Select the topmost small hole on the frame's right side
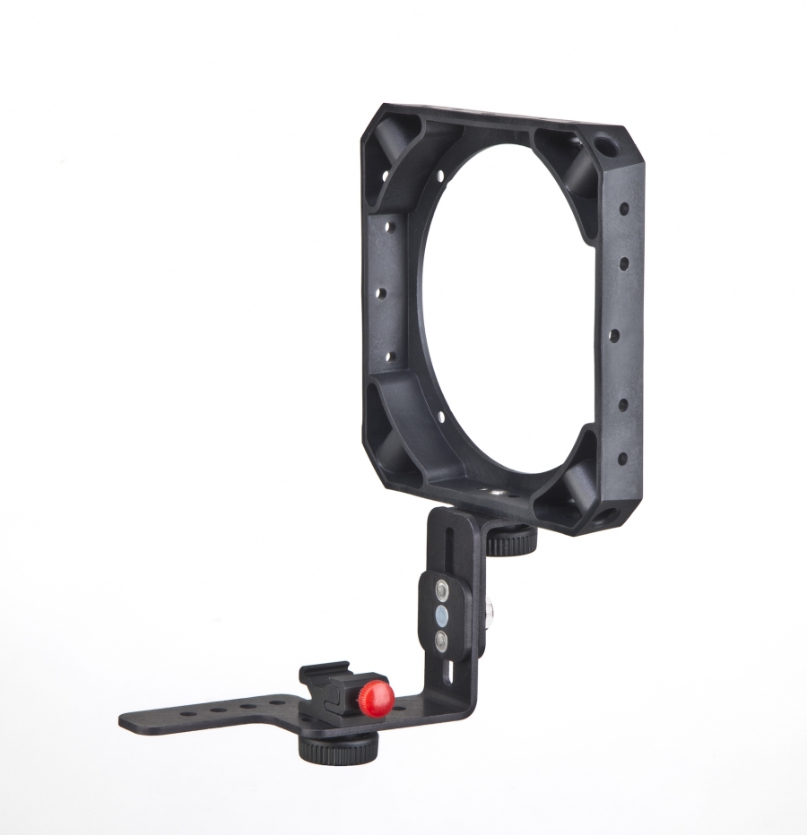tap(624, 207)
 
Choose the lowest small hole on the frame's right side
tap(621, 458)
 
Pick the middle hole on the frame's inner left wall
tap(380, 293)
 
